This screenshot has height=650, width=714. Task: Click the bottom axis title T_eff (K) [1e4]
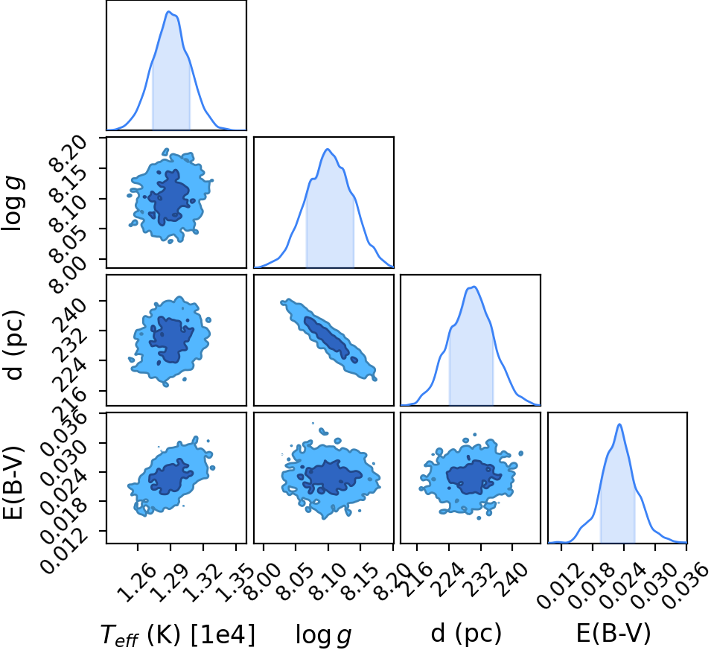click(178, 634)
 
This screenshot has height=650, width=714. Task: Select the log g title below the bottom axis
click(324, 634)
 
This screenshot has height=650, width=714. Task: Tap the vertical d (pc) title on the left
click(13, 345)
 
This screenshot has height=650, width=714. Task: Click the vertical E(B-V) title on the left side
click(13, 484)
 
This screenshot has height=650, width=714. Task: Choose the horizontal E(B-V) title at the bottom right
click(613, 633)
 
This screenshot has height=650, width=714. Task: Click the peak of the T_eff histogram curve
click(168, 12)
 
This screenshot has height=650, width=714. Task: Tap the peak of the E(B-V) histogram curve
click(619, 424)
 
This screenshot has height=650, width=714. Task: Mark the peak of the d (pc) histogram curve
click(474, 287)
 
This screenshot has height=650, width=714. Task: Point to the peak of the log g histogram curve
click(327, 150)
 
